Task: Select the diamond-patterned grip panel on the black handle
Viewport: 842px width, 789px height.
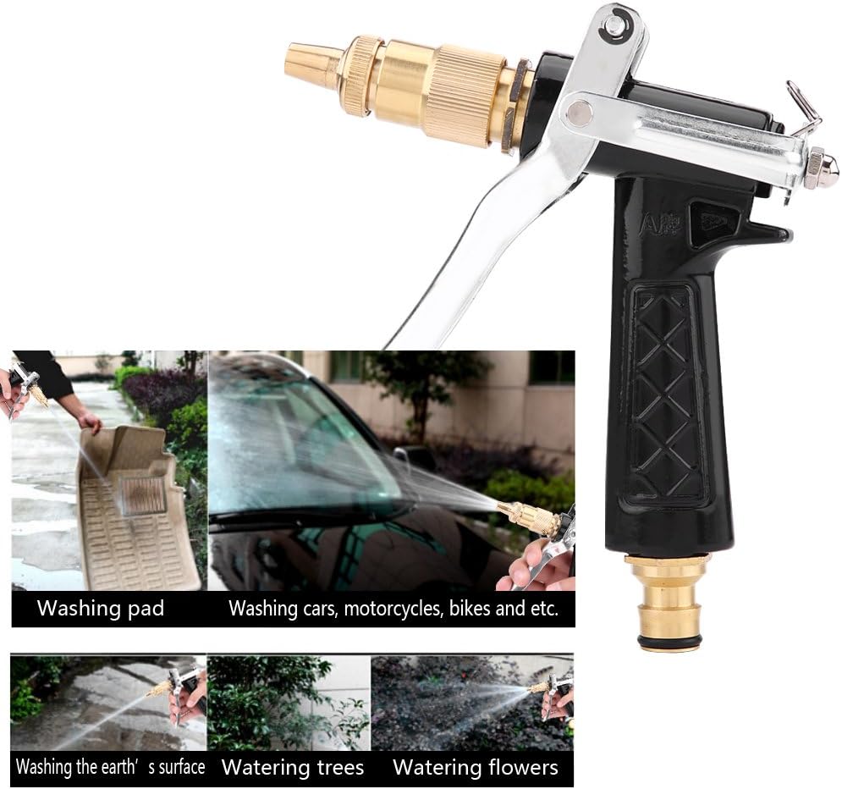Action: coord(667,394)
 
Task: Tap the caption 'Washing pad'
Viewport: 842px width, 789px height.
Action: coord(101,608)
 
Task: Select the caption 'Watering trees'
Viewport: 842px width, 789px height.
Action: coord(292,768)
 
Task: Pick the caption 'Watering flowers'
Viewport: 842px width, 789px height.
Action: coord(476,768)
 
